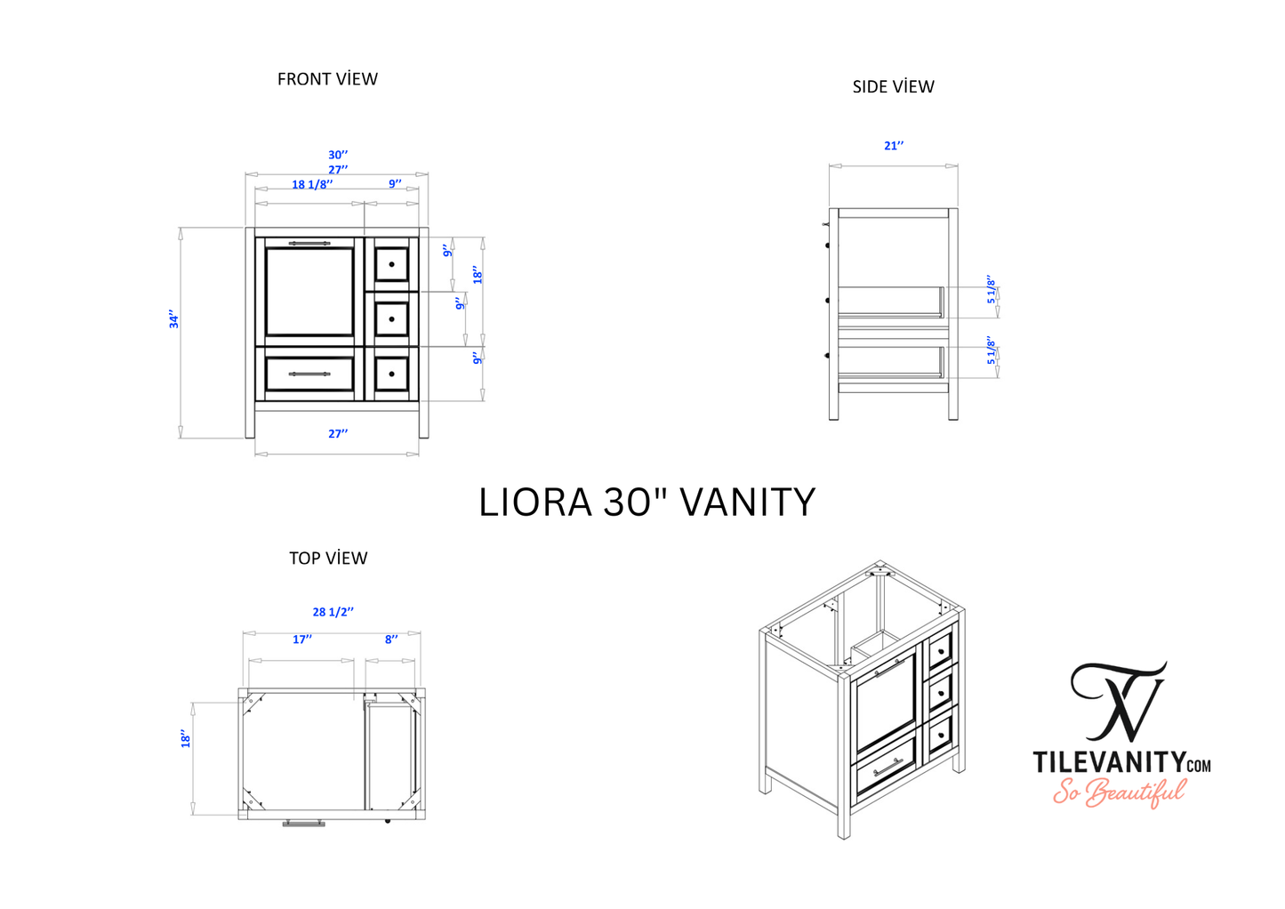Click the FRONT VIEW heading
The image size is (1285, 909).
[327, 79]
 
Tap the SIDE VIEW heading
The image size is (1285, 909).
[893, 87]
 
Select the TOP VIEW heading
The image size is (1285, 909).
[328, 559]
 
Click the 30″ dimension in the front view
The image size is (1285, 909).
[338, 155]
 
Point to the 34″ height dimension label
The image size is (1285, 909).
[174, 320]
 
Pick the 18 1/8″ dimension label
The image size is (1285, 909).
[312, 184]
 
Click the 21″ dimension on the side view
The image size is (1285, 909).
[894, 146]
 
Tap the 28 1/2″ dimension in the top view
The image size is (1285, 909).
[333, 612]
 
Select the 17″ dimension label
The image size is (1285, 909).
[302, 640]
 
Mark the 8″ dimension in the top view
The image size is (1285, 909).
[391, 640]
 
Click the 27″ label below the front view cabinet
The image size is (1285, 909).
[338, 434]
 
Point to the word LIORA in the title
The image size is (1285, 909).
[535, 503]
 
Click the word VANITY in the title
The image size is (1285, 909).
[748, 503]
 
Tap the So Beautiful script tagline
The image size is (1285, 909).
[1120, 791]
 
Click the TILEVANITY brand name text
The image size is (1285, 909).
[1108, 762]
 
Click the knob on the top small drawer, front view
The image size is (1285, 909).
[391, 264]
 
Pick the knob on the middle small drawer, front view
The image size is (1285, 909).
[391, 318]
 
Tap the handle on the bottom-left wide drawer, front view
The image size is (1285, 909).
[309, 374]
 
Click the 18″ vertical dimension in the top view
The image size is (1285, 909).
[186, 739]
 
